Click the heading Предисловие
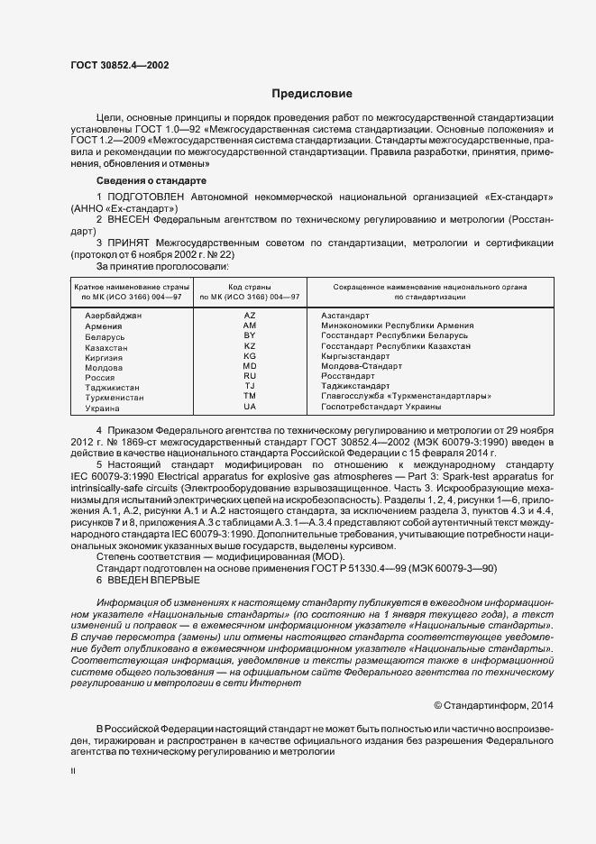tap(312, 94)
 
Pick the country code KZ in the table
tap(250, 346)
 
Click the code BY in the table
tap(250, 335)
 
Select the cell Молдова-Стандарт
tap(362, 367)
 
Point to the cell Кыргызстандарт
tap(355, 357)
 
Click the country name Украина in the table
tap(103, 408)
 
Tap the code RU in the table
tap(250, 377)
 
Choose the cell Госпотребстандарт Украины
tap(381, 408)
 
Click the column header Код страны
tap(250, 285)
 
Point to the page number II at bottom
tap(73, 772)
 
